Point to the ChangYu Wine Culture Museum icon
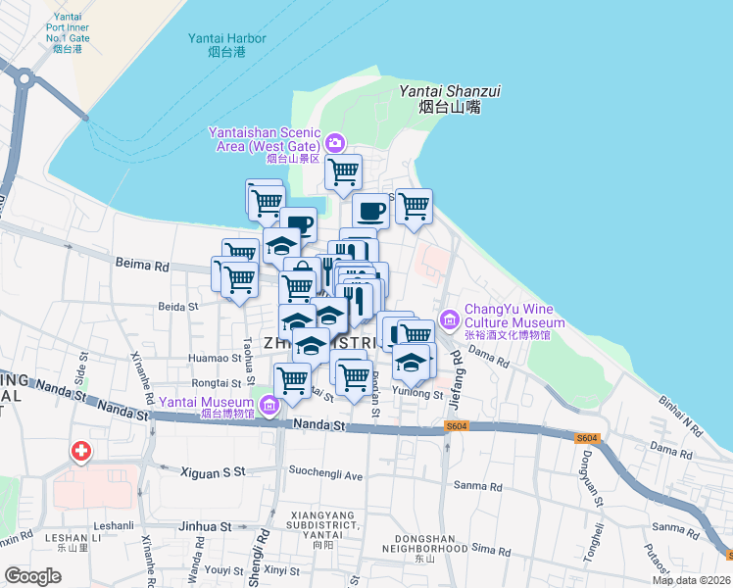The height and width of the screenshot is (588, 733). [x=450, y=318]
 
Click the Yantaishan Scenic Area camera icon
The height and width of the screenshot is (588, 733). [x=336, y=143]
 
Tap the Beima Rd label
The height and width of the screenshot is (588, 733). [x=142, y=265]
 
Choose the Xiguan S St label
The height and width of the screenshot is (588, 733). [x=213, y=472]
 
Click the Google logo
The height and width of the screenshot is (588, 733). [x=32, y=576]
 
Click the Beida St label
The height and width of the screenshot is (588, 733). [x=178, y=307]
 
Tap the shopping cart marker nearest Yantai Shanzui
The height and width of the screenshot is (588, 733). [x=414, y=206]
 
